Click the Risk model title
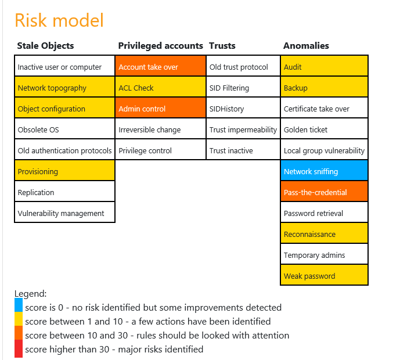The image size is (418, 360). point(59,20)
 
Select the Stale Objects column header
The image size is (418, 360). point(45,46)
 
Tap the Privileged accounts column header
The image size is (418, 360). point(160,46)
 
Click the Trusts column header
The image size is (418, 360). point(222,46)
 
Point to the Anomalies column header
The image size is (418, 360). point(306,46)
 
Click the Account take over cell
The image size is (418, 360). point(160,66)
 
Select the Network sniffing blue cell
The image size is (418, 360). point(324,170)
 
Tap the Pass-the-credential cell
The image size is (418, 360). point(324,192)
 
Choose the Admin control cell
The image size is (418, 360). point(160,108)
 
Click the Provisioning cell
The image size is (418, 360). point(65,170)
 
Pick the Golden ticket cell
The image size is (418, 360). point(324,128)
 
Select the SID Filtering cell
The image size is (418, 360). point(243,87)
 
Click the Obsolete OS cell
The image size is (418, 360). point(65,128)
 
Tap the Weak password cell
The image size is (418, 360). point(324,275)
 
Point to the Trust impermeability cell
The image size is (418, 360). point(243,128)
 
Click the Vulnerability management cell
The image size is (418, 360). point(65,213)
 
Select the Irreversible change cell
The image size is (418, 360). point(160,128)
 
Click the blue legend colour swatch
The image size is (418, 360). point(19,305)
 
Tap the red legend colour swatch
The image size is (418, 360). point(19,348)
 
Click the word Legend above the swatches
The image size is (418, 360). point(30,294)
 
